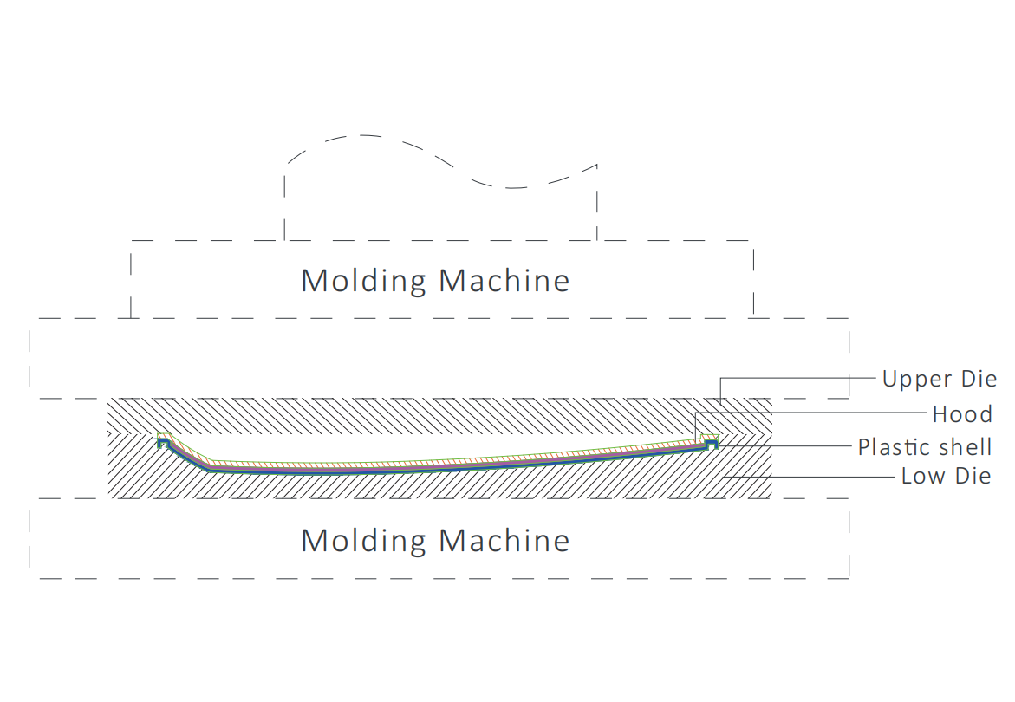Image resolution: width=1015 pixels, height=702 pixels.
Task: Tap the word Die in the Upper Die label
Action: point(979,379)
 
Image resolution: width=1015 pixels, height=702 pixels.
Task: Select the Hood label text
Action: point(962,414)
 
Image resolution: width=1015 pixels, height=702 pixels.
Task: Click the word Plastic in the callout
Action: point(895,447)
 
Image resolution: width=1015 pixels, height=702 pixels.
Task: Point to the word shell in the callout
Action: point(965,446)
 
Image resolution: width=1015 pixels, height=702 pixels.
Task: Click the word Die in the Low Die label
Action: point(973,476)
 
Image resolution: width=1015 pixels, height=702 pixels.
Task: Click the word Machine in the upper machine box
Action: point(504,281)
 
